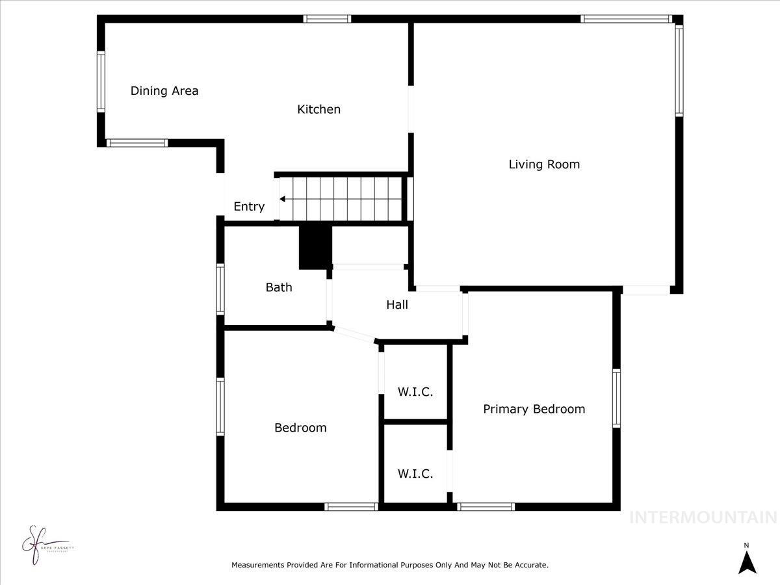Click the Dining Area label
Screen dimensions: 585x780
pos(164,91)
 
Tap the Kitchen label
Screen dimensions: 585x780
pos(318,109)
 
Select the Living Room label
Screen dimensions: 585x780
pos(544,164)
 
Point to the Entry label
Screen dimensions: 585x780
pos(249,207)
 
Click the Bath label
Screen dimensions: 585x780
pos(279,287)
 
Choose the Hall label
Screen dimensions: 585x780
pos(397,304)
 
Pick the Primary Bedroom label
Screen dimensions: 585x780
pos(534,409)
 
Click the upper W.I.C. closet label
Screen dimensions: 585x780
pos(415,392)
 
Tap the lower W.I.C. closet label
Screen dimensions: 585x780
pos(415,474)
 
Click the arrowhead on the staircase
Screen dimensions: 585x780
pos(283,199)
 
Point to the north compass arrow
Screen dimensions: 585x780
pos(747,562)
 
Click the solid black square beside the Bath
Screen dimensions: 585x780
pos(315,247)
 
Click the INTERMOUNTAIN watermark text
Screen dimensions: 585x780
pos(703,517)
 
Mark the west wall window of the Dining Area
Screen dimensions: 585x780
pos(101,82)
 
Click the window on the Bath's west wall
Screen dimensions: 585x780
pos(220,290)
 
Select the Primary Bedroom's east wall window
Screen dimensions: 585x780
pos(616,398)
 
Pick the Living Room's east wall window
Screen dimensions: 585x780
pos(679,70)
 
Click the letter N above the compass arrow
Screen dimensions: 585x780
pos(747,545)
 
